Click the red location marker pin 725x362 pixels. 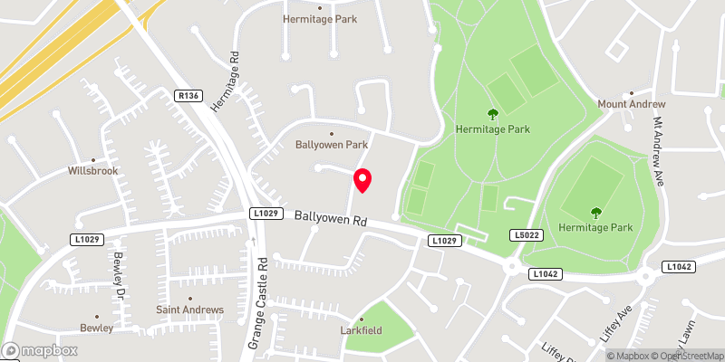[x=362, y=180]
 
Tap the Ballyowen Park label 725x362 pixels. [x=332, y=144]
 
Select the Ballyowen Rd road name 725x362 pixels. [x=330, y=218]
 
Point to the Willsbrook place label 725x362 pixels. [x=92, y=170]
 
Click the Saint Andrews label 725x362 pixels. [x=189, y=310]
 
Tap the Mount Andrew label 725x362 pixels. [x=631, y=104]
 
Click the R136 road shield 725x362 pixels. [x=188, y=94]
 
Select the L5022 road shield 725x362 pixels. [x=527, y=234]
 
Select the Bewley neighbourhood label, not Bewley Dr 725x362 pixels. [x=96, y=328]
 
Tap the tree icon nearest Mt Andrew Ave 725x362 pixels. [x=595, y=213]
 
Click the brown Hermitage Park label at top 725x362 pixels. [x=319, y=18]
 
